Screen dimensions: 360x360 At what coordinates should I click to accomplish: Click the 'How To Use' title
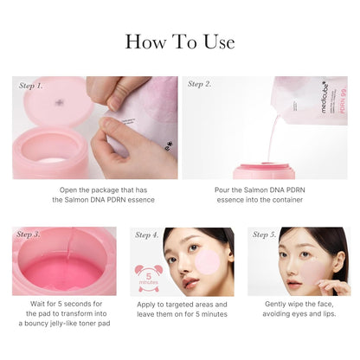click(x=180, y=41)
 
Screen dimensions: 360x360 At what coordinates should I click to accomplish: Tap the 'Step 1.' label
click(x=31, y=86)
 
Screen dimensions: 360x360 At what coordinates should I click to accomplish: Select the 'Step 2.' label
click(x=200, y=84)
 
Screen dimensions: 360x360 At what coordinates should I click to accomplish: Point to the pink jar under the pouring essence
click(x=264, y=170)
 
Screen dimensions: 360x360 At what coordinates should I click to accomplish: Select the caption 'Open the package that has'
click(x=94, y=188)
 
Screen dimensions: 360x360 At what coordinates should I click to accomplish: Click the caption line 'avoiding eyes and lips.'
click(x=299, y=314)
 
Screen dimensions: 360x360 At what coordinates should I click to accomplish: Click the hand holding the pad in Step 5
click(x=333, y=286)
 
